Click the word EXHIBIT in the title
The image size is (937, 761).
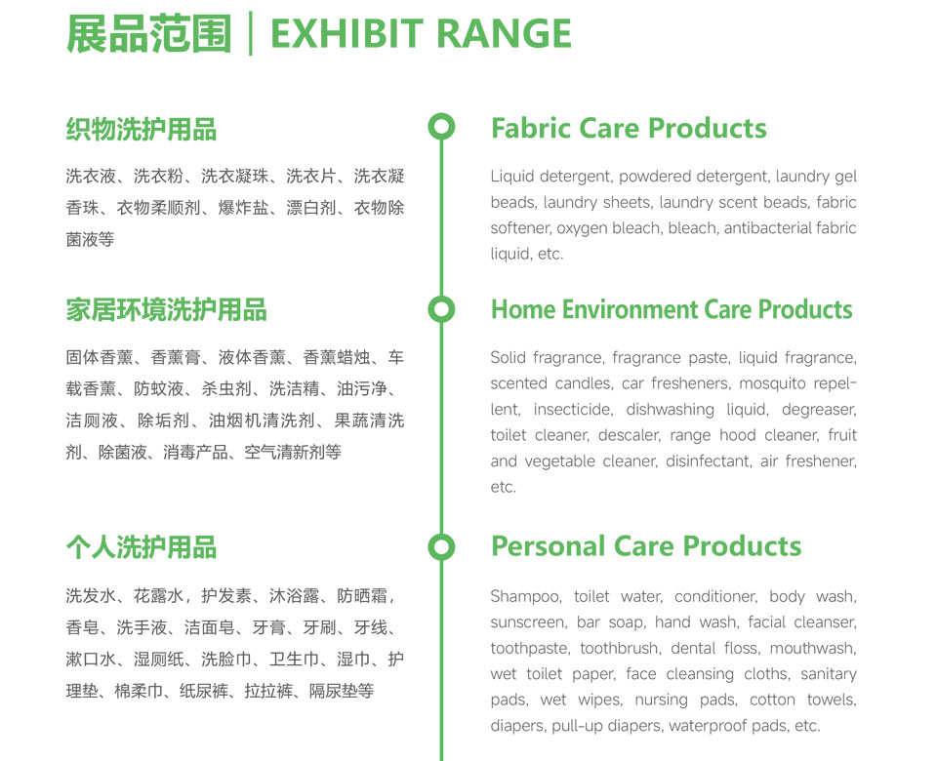[347, 33]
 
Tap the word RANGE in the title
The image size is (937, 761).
[504, 33]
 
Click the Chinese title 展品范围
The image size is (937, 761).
[148, 33]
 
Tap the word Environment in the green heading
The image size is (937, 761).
[630, 309]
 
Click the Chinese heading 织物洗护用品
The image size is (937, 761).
[141, 129]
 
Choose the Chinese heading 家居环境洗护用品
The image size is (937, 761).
[166, 310]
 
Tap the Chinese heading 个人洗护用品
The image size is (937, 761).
[141, 547]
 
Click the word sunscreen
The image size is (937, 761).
[528, 622]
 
